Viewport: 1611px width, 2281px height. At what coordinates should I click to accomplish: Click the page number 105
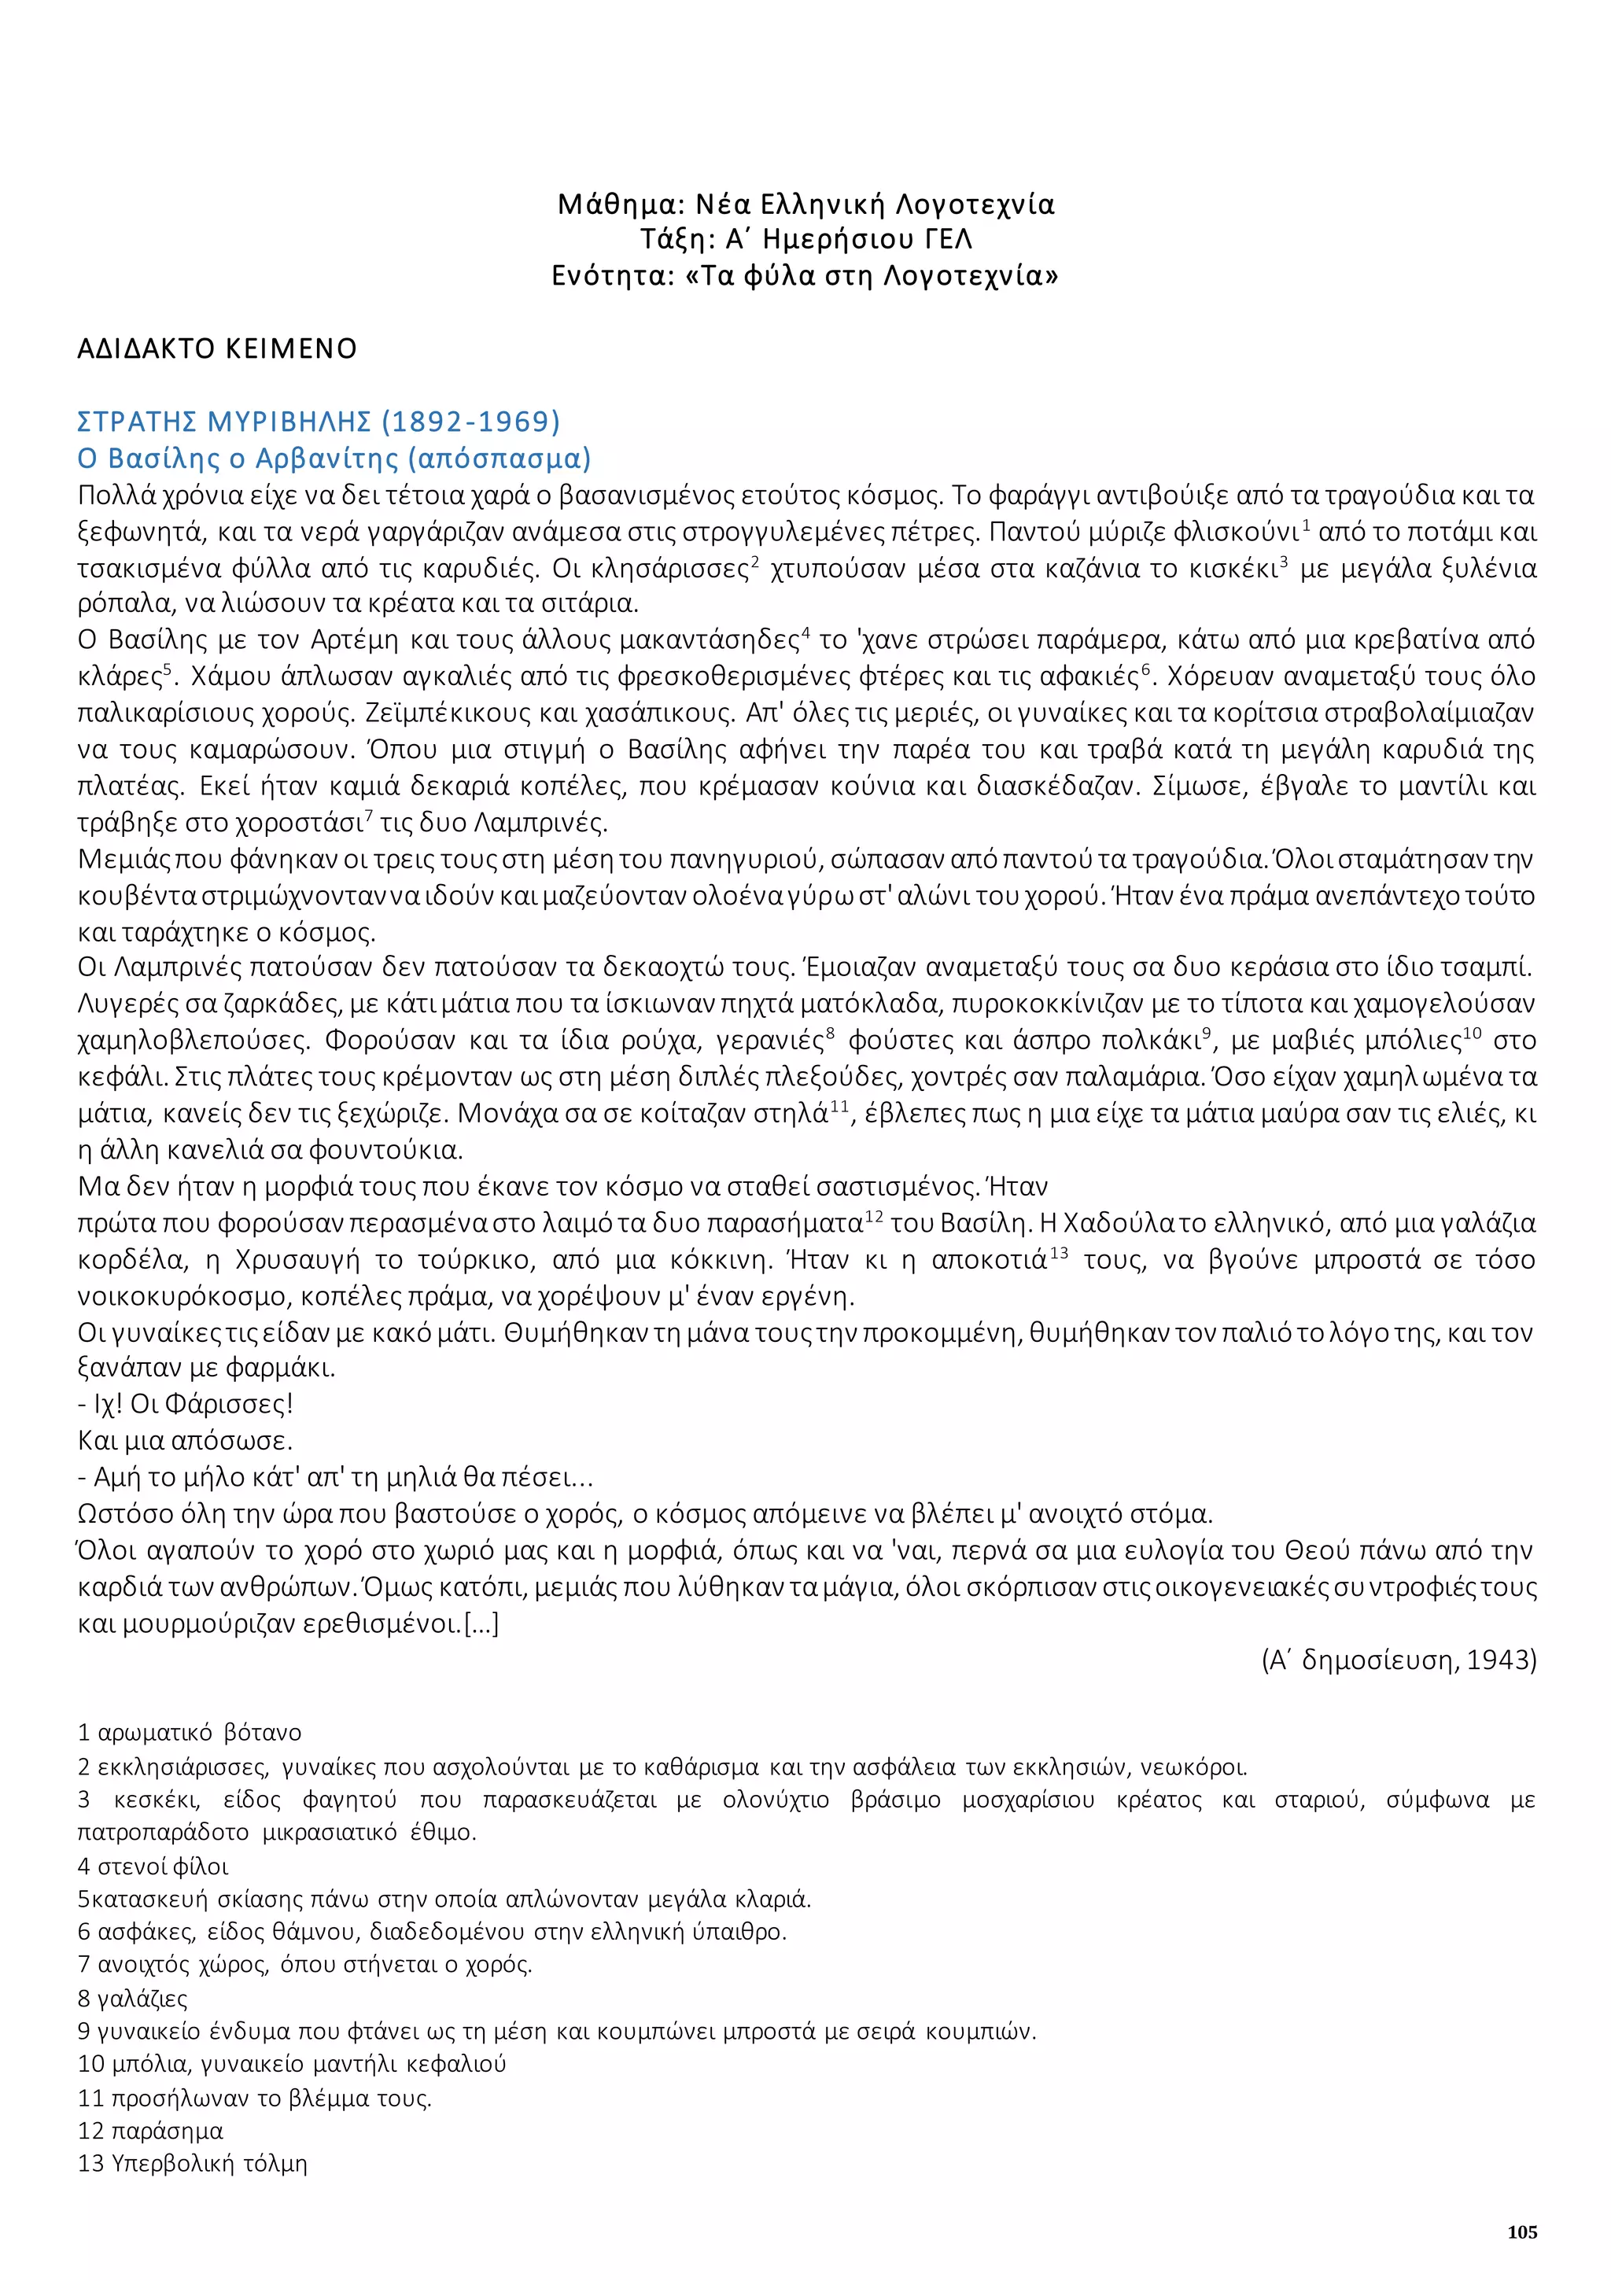(x=1521, y=2231)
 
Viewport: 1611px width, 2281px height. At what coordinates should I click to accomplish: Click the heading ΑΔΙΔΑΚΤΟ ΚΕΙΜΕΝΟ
(x=216, y=348)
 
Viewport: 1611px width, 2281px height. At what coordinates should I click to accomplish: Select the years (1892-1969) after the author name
(x=470, y=422)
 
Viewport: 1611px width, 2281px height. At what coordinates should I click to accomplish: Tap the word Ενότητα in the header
(x=606, y=275)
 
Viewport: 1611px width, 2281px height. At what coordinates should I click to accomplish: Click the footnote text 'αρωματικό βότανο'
(x=199, y=1732)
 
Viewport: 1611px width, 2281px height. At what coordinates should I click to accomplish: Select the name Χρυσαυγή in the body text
(x=297, y=1260)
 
